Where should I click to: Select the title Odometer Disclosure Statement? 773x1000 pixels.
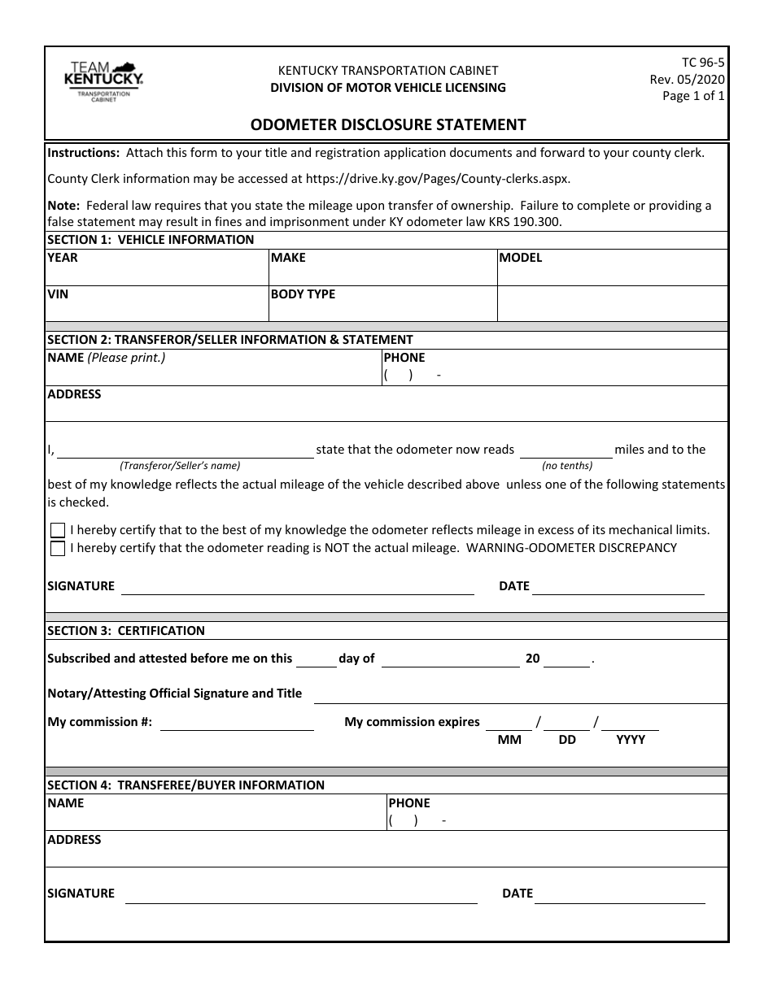click(x=387, y=124)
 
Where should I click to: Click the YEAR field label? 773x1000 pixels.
click(x=63, y=258)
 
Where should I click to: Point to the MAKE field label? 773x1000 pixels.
click(x=288, y=258)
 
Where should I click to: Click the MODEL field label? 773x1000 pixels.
click(x=520, y=258)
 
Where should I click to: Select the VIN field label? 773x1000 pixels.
click(x=58, y=294)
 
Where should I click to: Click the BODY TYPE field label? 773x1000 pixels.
click(x=303, y=294)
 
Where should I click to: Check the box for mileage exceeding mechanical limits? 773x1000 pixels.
click(x=58, y=530)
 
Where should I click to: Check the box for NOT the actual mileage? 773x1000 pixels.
click(x=58, y=549)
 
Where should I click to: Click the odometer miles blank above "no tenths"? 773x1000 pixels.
click(x=566, y=452)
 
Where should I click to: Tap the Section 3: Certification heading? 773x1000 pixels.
click(x=126, y=630)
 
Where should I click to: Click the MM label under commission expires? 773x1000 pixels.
click(x=509, y=740)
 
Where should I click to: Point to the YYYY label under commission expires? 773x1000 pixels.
click(x=631, y=740)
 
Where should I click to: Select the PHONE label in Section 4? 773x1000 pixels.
click(x=409, y=803)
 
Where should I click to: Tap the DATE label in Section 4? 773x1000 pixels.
click(x=518, y=893)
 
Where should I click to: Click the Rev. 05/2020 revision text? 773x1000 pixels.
click(x=687, y=79)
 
